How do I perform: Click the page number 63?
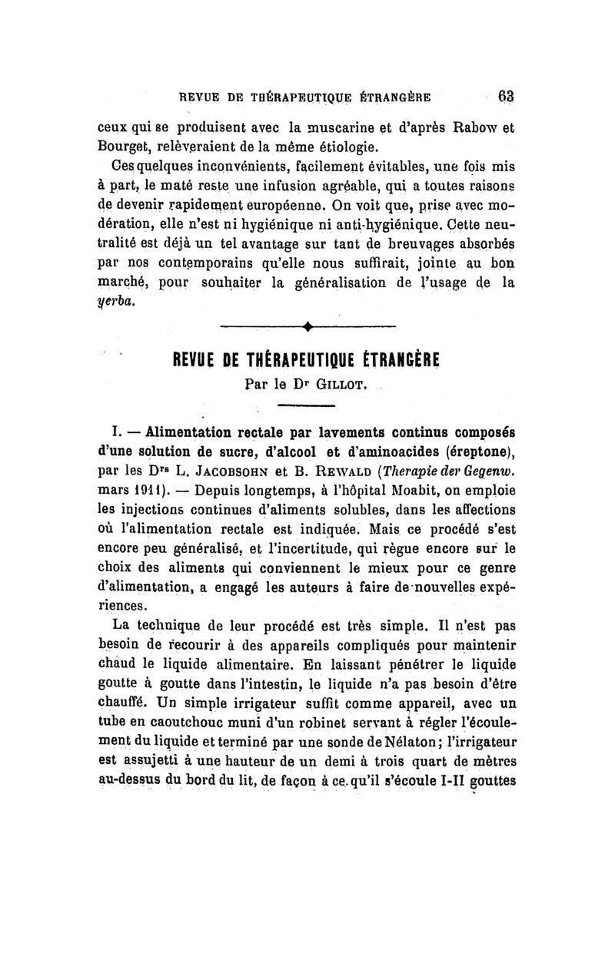pos(505,98)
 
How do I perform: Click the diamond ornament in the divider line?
pos(307,329)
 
